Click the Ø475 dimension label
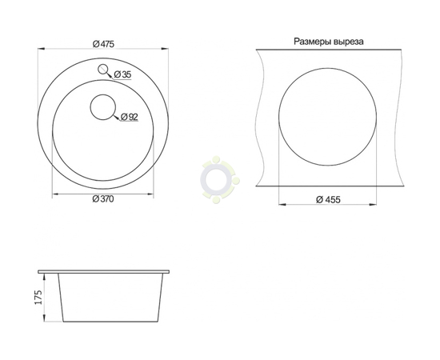tap(103, 44)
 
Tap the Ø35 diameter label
tap(122, 74)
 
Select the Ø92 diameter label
tap(130, 117)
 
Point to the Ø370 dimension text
tap(103, 199)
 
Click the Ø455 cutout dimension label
tap(328, 199)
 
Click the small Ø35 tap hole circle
tap(103, 69)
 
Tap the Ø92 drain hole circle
tap(103, 107)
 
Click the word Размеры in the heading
tap(311, 42)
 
